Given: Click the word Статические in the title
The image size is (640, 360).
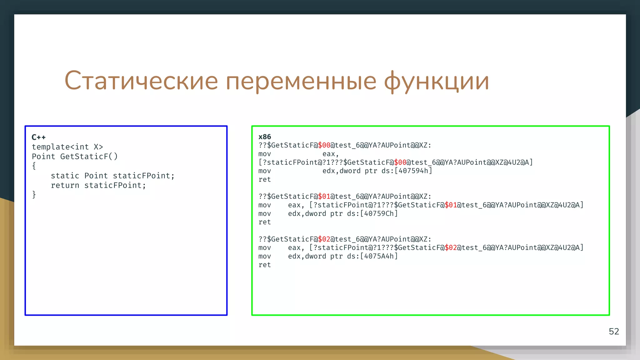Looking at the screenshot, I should click(x=141, y=81).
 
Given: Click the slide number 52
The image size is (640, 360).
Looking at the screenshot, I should click(x=614, y=332).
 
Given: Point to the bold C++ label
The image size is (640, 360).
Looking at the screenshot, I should click(x=39, y=137).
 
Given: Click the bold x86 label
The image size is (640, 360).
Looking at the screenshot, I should click(x=265, y=137).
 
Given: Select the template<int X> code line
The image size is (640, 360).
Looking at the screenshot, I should click(x=67, y=147).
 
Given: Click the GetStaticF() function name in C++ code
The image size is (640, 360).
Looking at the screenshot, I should click(x=89, y=157).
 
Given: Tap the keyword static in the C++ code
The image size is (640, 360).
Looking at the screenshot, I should click(x=65, y=176).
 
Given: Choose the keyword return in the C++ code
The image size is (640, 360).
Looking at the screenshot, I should click(x=65, y=186).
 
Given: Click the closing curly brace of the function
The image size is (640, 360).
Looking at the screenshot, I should click(x=34, y=195).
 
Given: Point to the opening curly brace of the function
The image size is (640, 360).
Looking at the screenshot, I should click(x=34, y=166).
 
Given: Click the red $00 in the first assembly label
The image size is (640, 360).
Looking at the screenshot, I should click(x=324, y=145).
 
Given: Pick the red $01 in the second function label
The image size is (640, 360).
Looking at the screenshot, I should click(x=324, y=197).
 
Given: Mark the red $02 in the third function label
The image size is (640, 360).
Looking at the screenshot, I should click(x=324, y=239).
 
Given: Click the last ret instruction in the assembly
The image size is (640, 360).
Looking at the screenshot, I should click(x=265, y=265).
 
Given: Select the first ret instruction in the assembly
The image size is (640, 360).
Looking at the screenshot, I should click(x=265, y=180).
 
